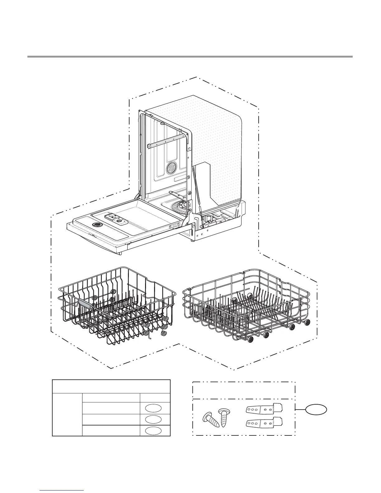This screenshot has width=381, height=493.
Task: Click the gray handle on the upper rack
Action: [x=86, y=303]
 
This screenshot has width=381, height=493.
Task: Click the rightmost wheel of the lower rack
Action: [x=308, y=322]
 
